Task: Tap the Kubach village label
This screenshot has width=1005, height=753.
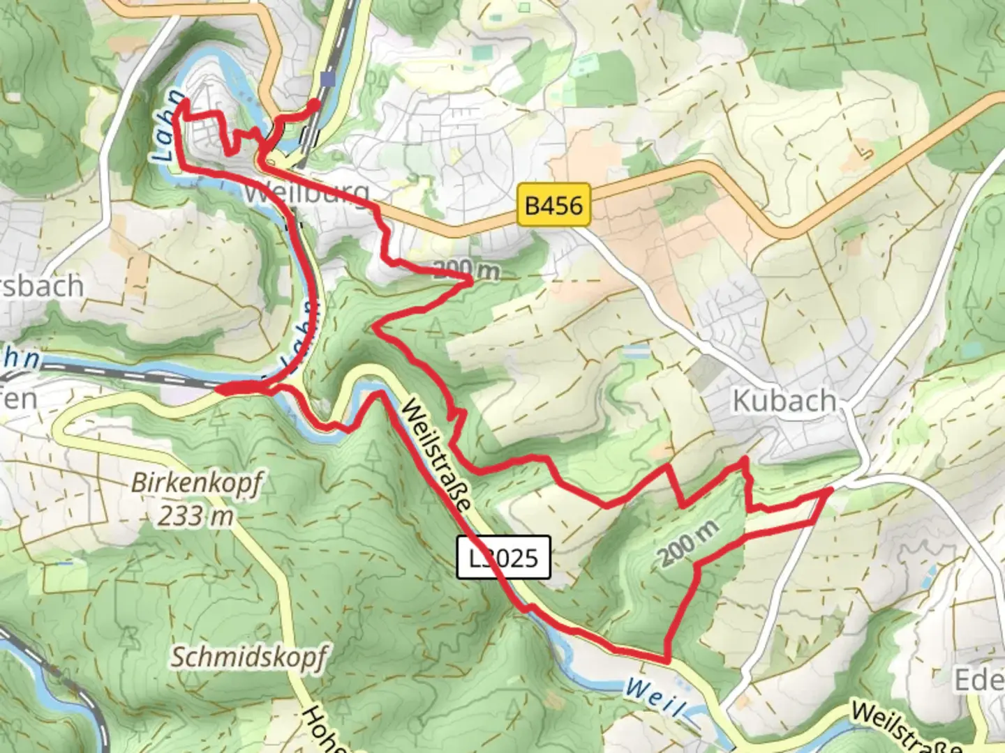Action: (784, 401)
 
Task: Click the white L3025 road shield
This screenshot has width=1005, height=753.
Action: (504, 557)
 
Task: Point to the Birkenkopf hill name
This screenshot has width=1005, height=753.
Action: (196, 482)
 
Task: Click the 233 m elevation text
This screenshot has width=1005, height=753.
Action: (195, 516)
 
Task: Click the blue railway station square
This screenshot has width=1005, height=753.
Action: (327, 79)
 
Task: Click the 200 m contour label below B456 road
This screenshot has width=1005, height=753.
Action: (466, 271)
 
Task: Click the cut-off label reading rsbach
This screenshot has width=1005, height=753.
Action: (42, 286)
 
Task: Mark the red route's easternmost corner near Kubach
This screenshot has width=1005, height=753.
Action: (831, 491)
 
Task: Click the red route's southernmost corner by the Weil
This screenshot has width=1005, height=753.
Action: (667, 659)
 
